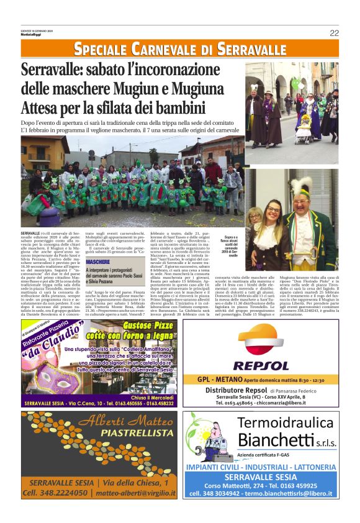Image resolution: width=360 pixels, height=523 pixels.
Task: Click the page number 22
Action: coord(334,33)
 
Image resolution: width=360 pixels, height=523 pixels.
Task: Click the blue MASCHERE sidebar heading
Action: coord(98,263)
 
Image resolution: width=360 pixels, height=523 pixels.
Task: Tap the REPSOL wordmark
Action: coord(260,366)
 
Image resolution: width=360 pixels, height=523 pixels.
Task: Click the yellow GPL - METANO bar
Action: coord(260,380)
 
